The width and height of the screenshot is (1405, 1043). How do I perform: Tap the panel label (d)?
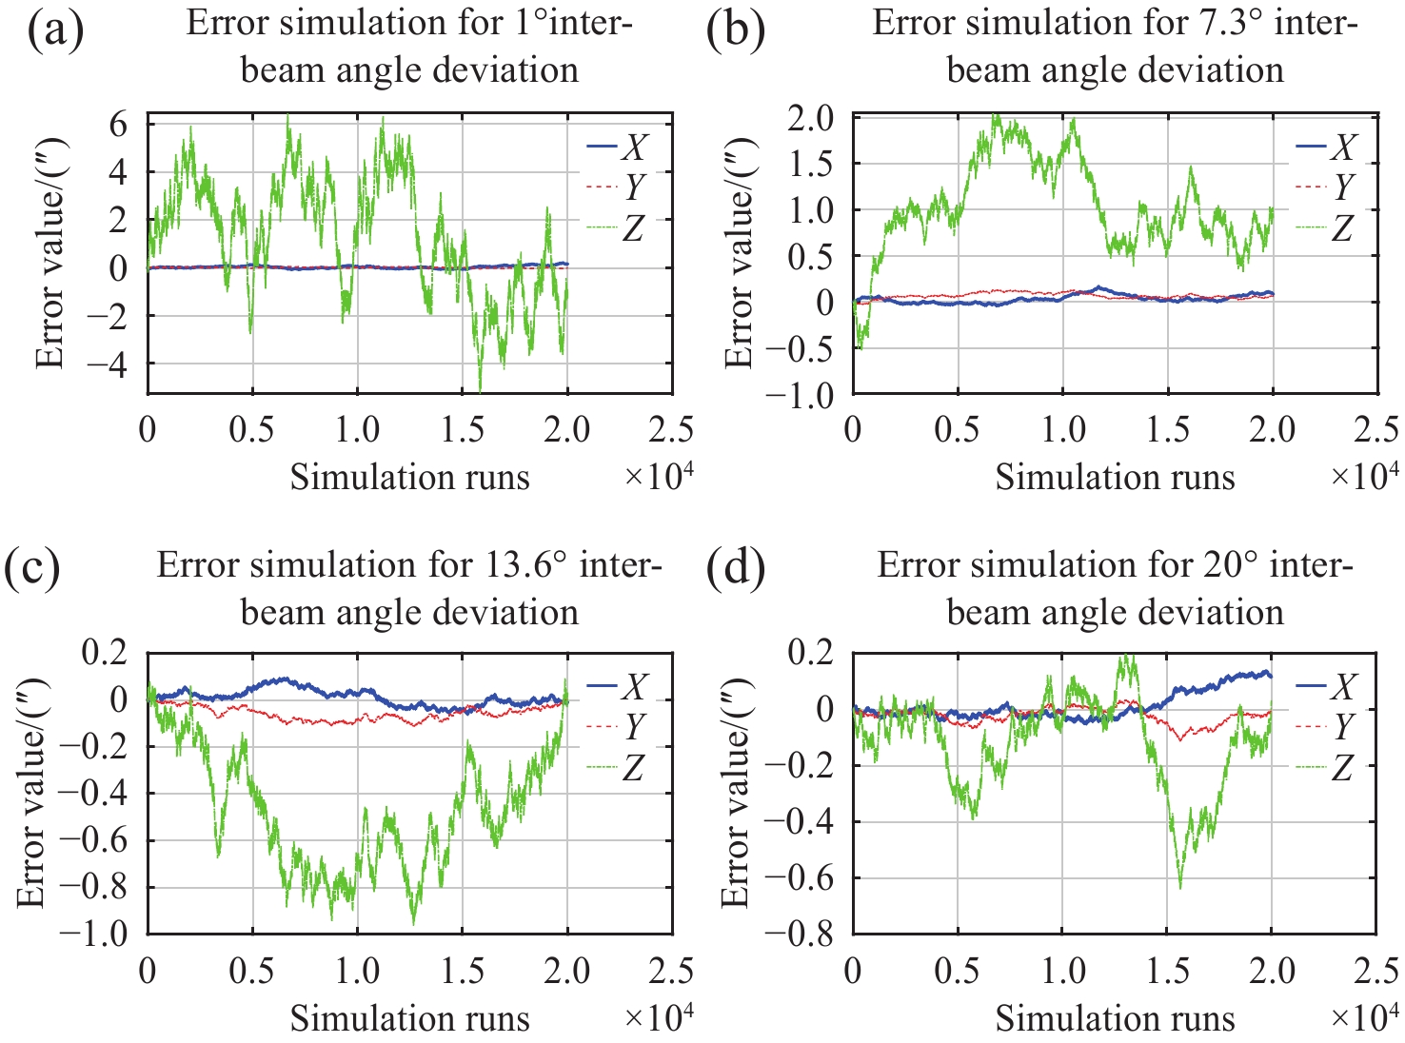(736, 570)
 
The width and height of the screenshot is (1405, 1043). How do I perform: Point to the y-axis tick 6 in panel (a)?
(120, 125)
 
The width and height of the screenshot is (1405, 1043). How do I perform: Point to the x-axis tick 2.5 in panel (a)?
(671, 430)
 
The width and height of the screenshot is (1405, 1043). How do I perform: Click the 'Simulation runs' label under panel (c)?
(409, 1019)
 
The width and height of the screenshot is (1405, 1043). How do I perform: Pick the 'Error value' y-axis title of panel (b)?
(740, 253)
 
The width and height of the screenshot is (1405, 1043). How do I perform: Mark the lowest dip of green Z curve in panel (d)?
(1180, 887)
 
